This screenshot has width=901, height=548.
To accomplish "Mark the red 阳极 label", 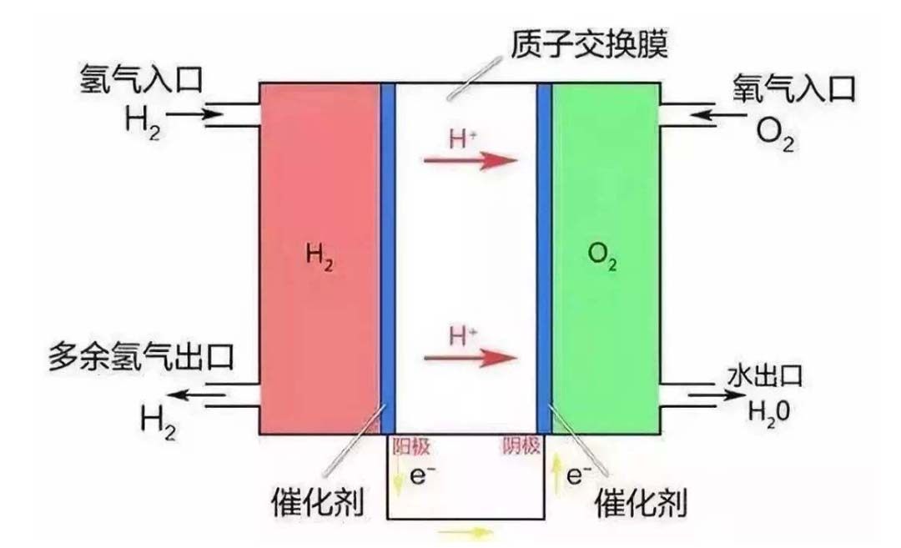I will click(411, 447).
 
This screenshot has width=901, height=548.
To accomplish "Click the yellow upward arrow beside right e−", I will click(555, 477).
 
